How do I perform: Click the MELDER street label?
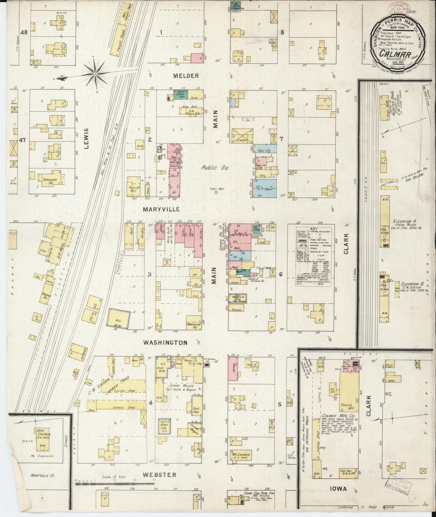(x=186, y=76)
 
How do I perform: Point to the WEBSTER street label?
(x=160, y=475)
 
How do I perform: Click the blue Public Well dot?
(x=216, y=192)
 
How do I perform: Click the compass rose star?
(x=95, y=74)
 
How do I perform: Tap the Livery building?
(x=242, y=136)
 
